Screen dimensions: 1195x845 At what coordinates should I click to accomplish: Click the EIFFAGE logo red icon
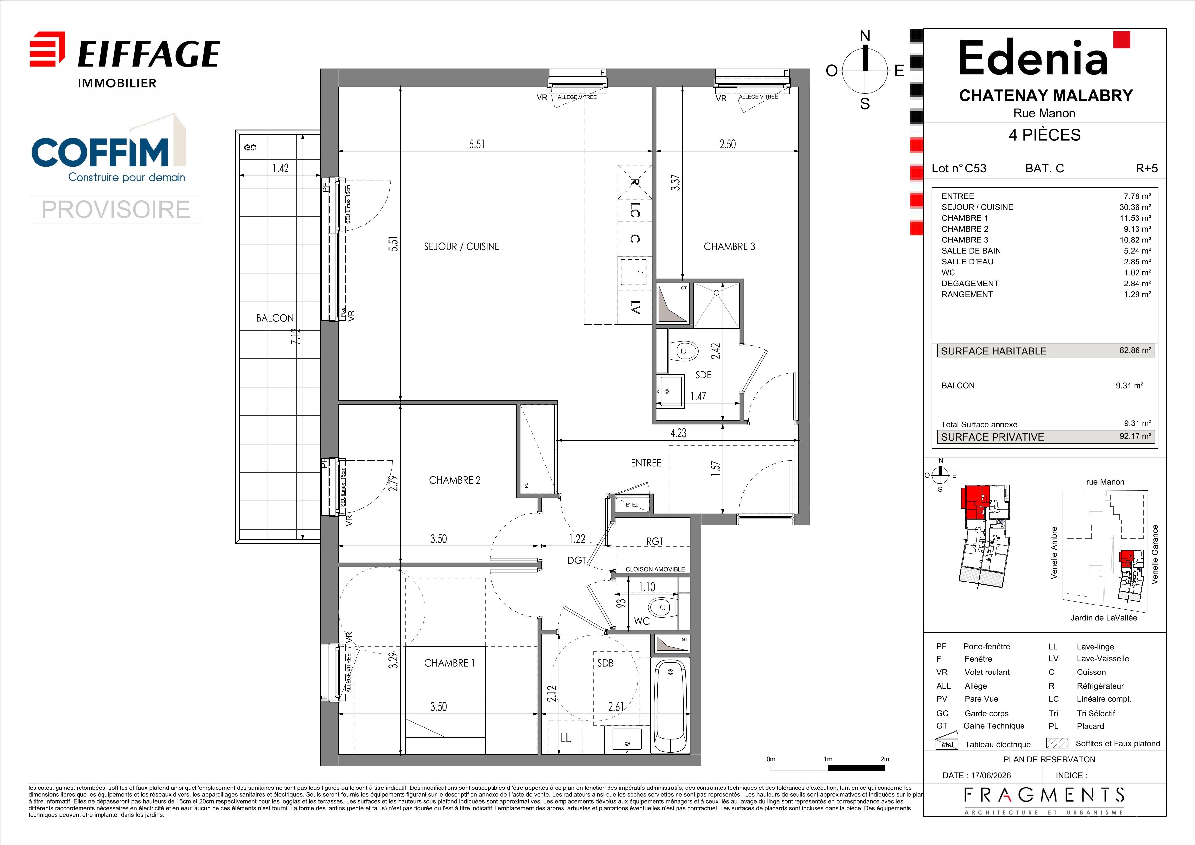point(47,49)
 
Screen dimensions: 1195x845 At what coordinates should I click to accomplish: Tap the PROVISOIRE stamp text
point(116,209)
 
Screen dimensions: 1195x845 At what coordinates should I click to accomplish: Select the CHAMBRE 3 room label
point(729,247)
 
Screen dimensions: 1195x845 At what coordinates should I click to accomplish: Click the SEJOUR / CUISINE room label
point(462,247)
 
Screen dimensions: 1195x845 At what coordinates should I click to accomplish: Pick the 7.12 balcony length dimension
point(296,336)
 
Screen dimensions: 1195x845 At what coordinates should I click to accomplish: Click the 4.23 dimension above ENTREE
point(678,433)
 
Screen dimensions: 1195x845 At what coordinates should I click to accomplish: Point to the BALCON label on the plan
point(275,318)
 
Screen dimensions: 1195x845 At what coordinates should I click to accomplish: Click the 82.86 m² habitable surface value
point(1135,351)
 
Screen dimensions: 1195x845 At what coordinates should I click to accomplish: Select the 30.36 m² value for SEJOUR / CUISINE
point(1135,207)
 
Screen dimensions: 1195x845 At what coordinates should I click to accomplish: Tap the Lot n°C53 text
point(959,168)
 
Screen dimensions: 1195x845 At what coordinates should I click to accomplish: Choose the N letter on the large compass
point(864,36)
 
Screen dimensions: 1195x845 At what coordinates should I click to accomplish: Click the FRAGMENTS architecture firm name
point(1044,796)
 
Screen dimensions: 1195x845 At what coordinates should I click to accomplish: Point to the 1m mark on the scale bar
point(828,759)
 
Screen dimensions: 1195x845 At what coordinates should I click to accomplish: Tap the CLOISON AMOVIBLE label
point(655,569)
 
